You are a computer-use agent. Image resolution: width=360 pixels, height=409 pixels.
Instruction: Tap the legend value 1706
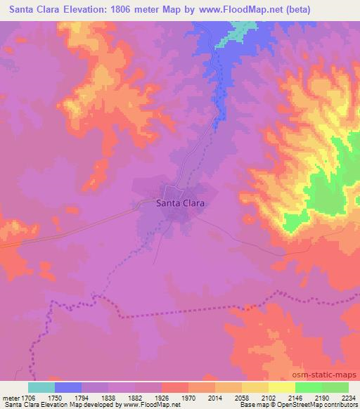(29, 397)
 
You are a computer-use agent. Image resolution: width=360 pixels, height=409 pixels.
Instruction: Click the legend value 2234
(347, 397)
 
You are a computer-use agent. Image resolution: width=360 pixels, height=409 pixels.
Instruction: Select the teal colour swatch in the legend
(41, 387)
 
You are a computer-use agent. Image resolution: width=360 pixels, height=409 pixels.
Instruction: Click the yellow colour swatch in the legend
(281, 387)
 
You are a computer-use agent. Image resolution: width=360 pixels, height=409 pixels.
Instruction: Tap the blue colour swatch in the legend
(68, 387)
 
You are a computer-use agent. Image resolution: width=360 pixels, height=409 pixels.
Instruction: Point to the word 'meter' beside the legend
(10, 397)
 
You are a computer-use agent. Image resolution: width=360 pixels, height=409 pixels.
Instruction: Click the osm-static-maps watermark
(330, 375)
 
